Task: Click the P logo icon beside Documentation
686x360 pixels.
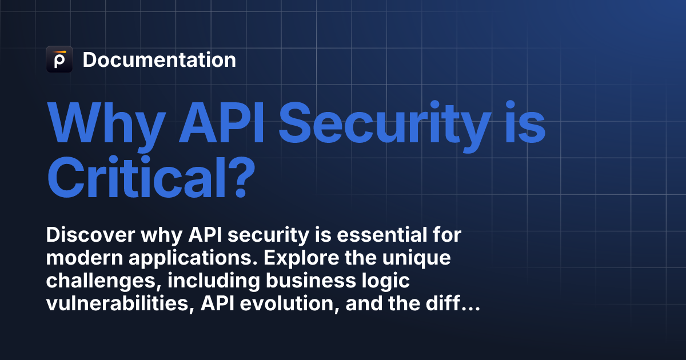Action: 59,59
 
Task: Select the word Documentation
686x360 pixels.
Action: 159,59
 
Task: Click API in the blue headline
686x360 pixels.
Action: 221,122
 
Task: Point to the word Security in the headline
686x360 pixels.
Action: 385,126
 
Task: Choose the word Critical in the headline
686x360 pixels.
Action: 135,178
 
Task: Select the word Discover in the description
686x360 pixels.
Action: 91,235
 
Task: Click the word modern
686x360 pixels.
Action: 85,258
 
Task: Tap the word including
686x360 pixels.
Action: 214,282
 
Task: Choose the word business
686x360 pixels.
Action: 311,281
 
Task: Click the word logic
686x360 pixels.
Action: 386,282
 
